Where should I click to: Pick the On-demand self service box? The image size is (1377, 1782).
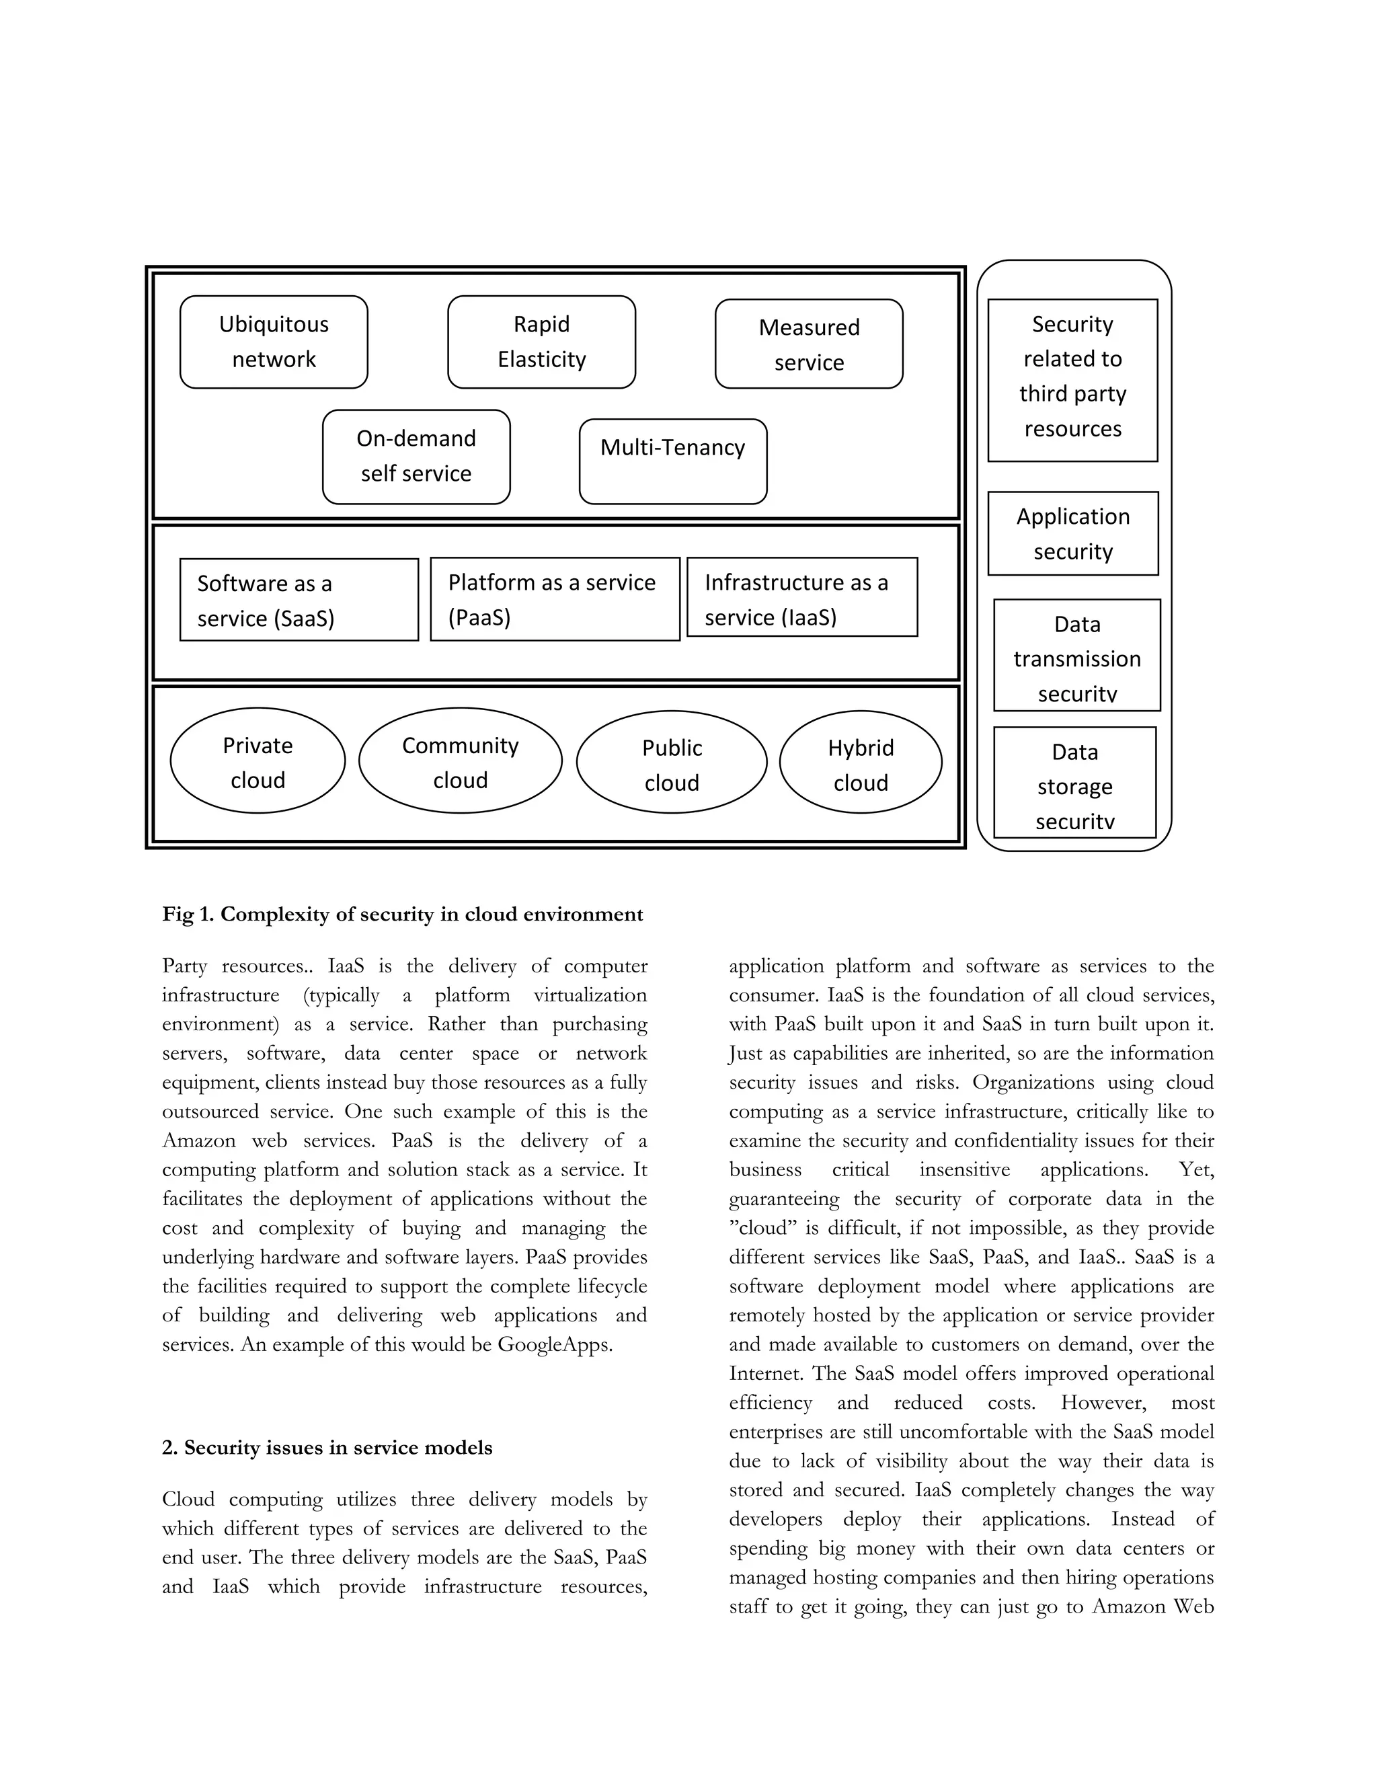(x=416, y=456)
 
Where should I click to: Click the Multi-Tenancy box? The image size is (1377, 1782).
(x=672, y=461)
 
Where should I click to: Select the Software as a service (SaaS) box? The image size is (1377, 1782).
(x=299, y=600)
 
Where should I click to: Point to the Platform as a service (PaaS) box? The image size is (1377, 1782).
(x=554, y=599)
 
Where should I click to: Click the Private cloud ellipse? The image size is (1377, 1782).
(x=257, y=761)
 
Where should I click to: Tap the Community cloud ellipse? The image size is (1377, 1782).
(x=460, y=761)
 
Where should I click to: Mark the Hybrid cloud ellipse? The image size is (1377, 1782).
(x=860, y=762)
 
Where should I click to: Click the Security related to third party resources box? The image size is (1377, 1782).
(x=1072, y=380)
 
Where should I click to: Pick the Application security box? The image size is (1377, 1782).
(x=1072, y=534)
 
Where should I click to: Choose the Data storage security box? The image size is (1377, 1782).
(x=1074, y=783)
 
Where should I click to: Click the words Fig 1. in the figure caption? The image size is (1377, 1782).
(x=188, y=915)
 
